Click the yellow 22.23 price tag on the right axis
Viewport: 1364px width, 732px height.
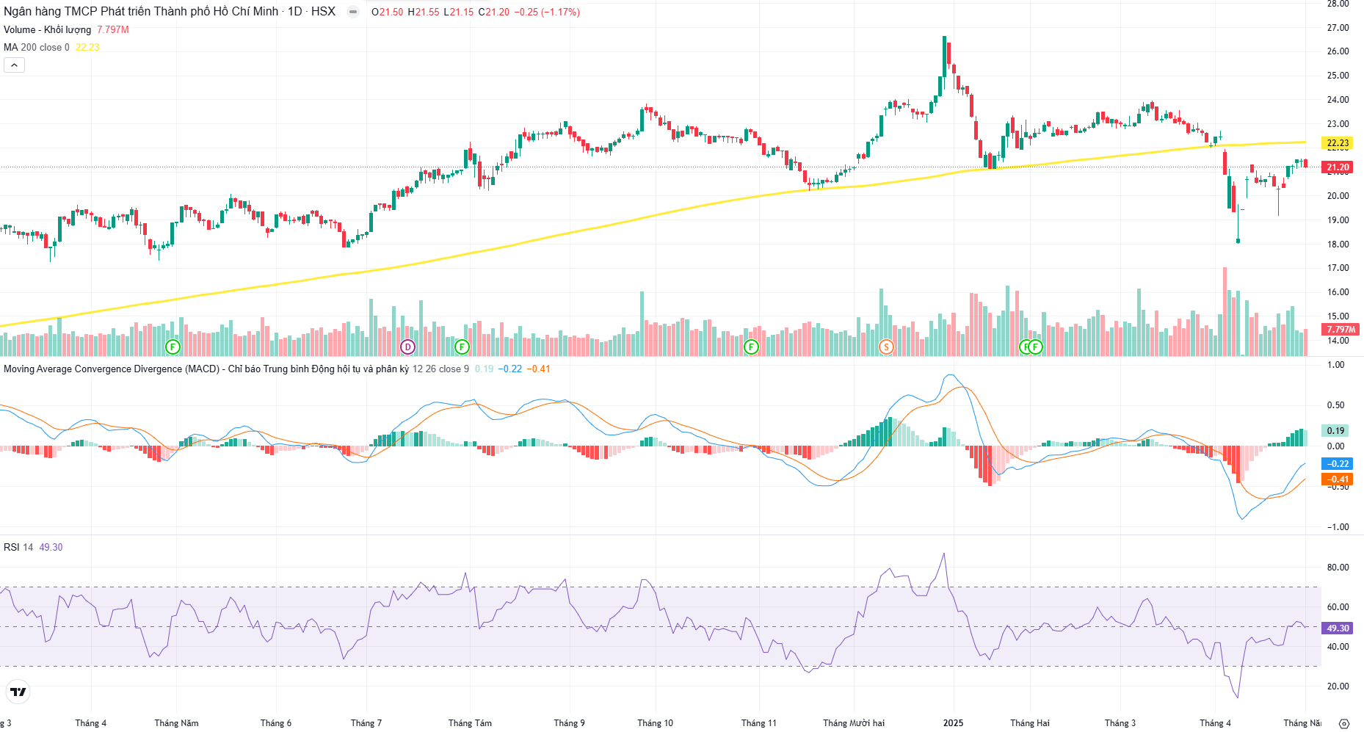(1338, 143)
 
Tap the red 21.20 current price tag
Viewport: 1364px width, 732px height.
(1338, 167)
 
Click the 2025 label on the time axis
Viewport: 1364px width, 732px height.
(953, 723)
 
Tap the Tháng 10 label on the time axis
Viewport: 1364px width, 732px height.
(655, 723)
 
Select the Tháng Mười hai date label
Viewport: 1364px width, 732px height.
(854, 723)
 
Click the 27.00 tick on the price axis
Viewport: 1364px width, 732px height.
(1338, 28)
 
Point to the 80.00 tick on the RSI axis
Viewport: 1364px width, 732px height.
(1338, 568)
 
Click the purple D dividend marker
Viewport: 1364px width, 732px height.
(407, 347)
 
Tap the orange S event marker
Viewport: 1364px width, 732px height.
(886, 347)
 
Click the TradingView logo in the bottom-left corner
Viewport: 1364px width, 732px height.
(18, 692)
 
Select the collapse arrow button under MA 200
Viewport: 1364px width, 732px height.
(14, 65)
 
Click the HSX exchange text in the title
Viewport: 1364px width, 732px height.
(323, 12)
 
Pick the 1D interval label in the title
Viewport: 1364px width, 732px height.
(294, 12)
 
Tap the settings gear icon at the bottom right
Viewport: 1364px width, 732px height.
(1344, 723)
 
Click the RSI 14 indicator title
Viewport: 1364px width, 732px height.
(18, 547)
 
